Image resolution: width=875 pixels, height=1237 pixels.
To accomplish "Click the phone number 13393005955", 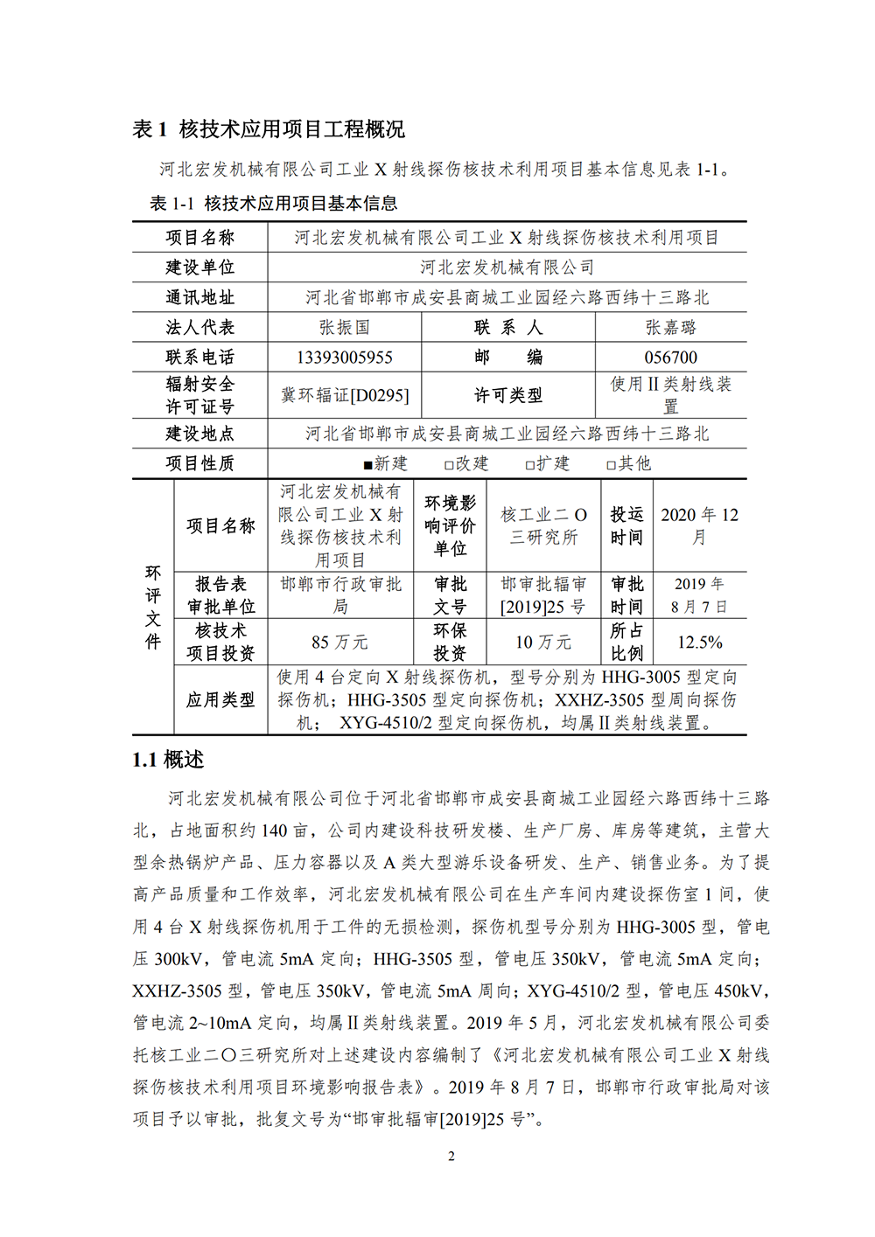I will point(344,358).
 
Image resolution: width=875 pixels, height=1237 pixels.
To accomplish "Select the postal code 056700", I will point(670,358).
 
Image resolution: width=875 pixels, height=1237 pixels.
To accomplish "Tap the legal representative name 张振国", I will point(344,328).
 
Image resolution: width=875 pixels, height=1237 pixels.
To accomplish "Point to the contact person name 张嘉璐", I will point(670,328).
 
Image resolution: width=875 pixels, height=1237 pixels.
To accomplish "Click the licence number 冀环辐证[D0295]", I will point(344,395).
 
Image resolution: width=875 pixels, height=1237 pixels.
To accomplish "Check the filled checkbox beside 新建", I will point(367,465).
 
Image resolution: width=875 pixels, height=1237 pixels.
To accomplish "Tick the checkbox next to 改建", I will point(449,465).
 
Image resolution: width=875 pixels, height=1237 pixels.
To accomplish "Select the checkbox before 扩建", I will point(529,465).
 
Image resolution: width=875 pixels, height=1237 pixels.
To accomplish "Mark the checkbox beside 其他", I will point(611,465).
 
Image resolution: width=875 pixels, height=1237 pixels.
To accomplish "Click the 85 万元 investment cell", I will point(339,643).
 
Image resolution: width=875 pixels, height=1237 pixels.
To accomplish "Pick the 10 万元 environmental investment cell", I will point(542,643).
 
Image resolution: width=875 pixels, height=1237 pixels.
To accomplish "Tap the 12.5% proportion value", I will point(699,643).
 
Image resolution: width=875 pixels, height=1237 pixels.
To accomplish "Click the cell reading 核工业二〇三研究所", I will point(543,525).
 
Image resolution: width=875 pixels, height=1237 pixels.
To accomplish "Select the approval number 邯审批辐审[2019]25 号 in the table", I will point(542,595).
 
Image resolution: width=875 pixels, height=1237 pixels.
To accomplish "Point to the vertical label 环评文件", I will point(153,607).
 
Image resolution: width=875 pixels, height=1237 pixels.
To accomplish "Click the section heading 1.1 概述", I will point(168,760).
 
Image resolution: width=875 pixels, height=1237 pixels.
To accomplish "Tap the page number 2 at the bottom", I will point(451,1157).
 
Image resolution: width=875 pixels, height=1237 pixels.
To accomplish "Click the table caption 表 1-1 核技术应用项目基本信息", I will point(273,204).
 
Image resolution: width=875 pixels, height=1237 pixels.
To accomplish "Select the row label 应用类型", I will point(220,699).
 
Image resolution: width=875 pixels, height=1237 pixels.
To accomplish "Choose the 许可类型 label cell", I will point(507,395).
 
